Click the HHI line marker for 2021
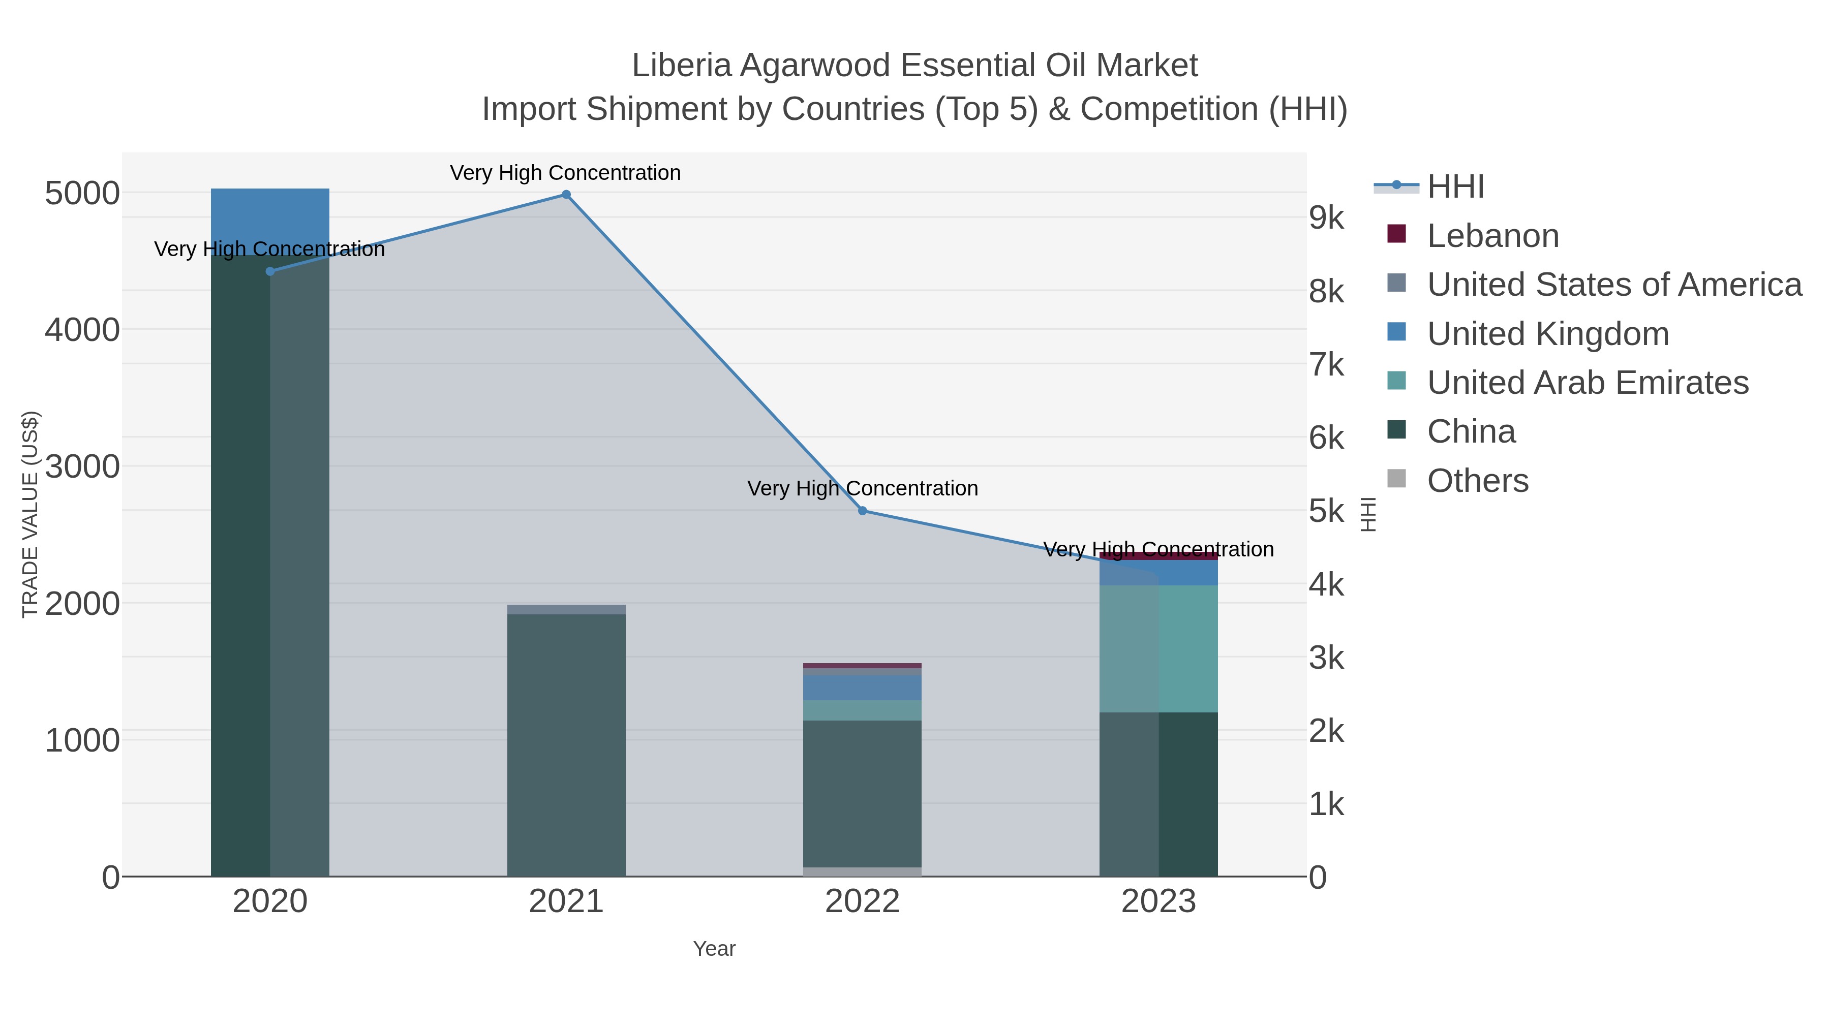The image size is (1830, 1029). [566, 195]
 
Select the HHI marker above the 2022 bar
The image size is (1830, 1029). [863, 511]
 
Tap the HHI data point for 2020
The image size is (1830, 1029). [270, 271]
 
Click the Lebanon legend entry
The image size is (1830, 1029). [1492, 236]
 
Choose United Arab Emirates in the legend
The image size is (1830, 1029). [1587, 383]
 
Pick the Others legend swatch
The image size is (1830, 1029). [1397, 479]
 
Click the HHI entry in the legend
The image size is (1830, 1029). [1455, 187]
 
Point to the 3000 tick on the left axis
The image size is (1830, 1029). [82, 466]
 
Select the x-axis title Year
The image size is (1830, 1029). [714, 949]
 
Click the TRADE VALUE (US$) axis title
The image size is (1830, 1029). [30, 514]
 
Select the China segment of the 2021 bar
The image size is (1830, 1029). [566, 745]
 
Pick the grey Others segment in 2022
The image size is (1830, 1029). [863, 871]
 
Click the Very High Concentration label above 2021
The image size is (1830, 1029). [565, 173]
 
